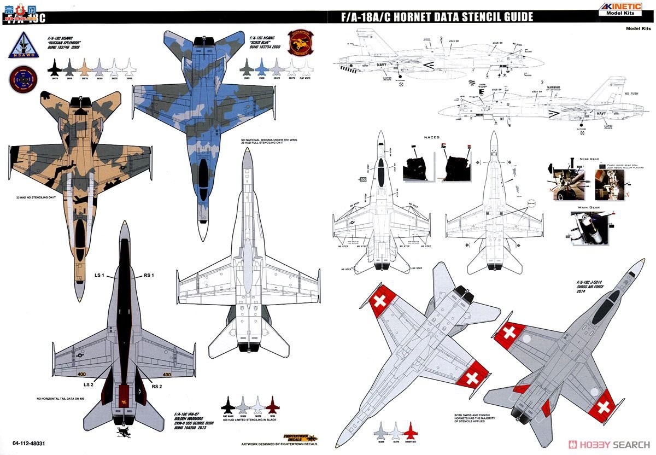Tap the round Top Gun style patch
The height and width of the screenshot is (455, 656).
22,79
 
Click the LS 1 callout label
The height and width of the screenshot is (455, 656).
99,275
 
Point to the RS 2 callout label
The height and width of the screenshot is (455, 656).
157,387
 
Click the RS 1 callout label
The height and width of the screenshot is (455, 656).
149,275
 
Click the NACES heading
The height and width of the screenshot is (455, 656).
431,137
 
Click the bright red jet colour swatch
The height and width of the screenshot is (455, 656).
411,430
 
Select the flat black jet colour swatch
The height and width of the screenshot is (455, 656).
228,405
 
